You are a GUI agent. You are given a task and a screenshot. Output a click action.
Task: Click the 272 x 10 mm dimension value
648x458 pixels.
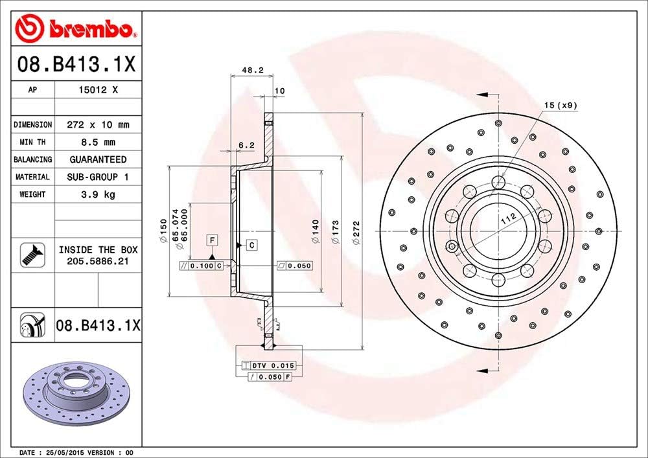click(98, 124)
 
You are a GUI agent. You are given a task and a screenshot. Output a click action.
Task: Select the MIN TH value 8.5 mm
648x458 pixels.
click(98, 142)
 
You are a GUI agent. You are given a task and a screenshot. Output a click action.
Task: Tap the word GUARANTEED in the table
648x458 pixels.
click(98, 159)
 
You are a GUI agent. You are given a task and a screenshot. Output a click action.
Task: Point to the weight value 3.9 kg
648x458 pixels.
click(98, 194)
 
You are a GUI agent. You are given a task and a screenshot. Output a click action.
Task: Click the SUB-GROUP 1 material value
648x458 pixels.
click(98, 177)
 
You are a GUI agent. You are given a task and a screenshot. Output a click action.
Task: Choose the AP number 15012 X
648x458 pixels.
click(98, 91)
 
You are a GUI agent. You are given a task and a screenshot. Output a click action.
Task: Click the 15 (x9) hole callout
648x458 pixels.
click(560, 104)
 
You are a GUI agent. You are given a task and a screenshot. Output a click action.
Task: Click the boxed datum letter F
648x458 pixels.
click(212, 240)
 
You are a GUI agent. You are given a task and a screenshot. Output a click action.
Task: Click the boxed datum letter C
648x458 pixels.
click(251, 245)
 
